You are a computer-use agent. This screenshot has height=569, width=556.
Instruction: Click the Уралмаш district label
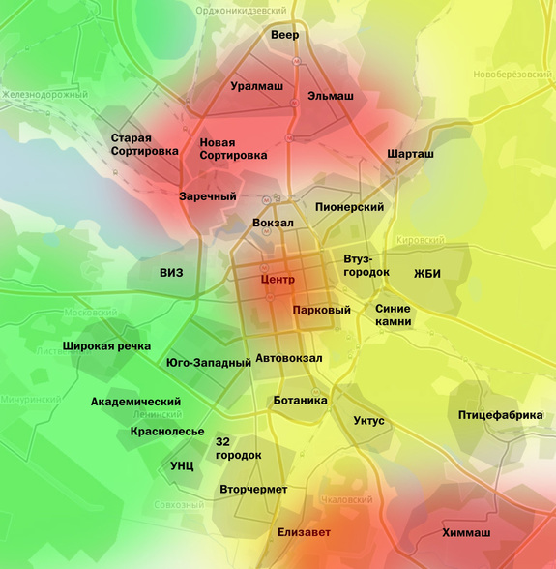(x=256, y=86)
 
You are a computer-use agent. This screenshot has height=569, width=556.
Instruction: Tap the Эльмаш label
(x=330, y=96)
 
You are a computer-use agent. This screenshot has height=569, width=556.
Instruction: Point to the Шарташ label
(x=410, y=154)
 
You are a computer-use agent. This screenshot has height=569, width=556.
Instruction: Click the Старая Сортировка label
(x=144, y=144)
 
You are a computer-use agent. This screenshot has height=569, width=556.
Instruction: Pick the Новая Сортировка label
(x=233, y=148)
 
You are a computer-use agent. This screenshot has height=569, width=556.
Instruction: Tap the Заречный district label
(x=208, y=196)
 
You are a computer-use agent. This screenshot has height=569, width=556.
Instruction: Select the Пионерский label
(x=349, y=207)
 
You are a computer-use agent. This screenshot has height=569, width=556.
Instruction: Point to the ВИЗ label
(x=171, y=273)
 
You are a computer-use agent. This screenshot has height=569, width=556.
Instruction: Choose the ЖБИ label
(x=426, y=273)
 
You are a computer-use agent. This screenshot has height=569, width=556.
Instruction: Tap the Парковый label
(x=321, y=310)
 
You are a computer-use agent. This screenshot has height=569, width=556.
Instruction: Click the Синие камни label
(x=393, y=314)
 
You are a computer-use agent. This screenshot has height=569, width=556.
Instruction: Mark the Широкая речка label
(x=106, y=345)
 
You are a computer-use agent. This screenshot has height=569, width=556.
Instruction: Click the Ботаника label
(x=300, y=400)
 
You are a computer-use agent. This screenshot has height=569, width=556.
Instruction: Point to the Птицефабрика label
(x=500, y=415)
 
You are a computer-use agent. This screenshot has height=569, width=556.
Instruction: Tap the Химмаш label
(x=466, y=533)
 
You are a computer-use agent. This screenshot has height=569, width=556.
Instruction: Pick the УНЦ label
(x=182, y=465)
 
